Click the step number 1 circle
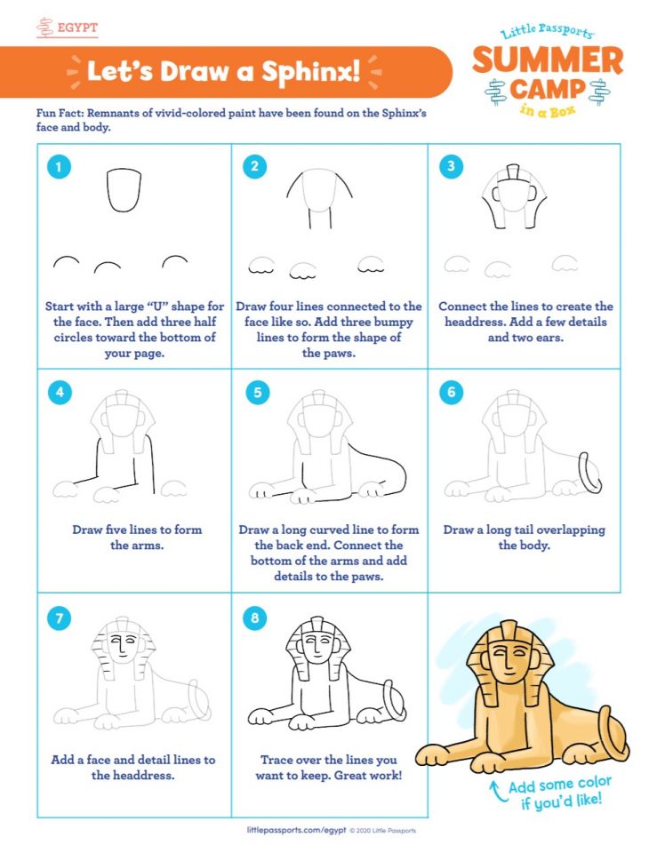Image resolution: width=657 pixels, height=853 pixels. point(59,166)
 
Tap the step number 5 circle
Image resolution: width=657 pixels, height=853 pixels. point(258,392)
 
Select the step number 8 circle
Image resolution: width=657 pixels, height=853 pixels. point(255,618)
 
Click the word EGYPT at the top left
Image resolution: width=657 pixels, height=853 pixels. point(78,28)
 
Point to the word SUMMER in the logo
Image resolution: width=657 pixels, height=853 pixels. point(548,60)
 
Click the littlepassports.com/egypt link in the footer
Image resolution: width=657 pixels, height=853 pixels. point(296,830)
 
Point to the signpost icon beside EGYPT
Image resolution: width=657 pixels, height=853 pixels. point(45,28)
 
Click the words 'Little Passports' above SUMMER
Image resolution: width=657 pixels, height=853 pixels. point(547,31)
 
